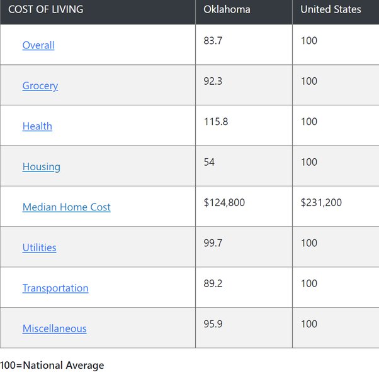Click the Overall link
pyautogui.click(x=38, y=45)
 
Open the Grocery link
pyautogui.click(x=40, y=86)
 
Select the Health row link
pyautogui.click(x=37, y=126)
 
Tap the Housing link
pyautogui.click(x=42, y=166)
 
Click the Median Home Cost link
pyautogui.click(x=66, y=207)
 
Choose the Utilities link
pyautogui.click(x=39, y=247)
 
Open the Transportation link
pyautogui.click(x=55, y=288)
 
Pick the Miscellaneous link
pyautogui.click(x=54, y=329)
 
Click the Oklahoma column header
pyautogui.click(x=227, y=9)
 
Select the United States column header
pyautogui.click(x=331, y=9)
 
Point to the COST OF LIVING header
pyautogui.click(x=45, y=9)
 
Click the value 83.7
pyautogui.click(x=213, y=41)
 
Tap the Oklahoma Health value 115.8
pyautogui.click(x=215, y=121)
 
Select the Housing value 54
pyautogui.click(x=209, y=162)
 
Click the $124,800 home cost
pyautogui.click(x=224, y=202)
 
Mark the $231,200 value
pyautogui.click(x=321, y=202)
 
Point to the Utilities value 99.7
pyautogui.click(x=213, y=243)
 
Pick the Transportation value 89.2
pyautogui.click(x=213, y=283)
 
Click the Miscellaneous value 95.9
pyautogui.click(x=213, y=324)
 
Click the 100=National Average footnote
pyautogui.click(x=52, y=365)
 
